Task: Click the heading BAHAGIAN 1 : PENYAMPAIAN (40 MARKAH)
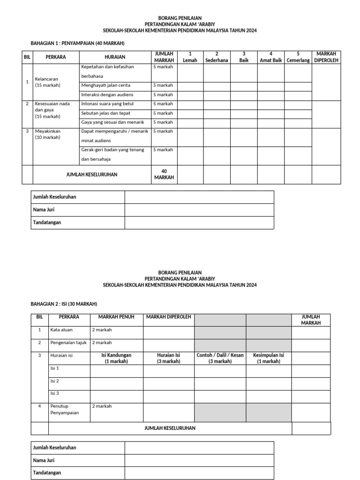pyautogui.click(x=77, y=43)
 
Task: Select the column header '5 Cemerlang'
pyautogui.click(x=298, y=57)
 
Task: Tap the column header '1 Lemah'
pyautogui.click(x=190, y=57)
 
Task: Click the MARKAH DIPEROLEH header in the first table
pyautogui.click(x=327, y=57)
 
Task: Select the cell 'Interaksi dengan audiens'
pyautogui.click(x=107, y=95)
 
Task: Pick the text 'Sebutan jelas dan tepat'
pyautogui.click(x=106, y=113)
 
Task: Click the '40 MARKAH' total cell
pyautogui.click(x=164, y=174)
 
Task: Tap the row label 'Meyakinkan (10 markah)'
pyautogui.click(x=48, y=134)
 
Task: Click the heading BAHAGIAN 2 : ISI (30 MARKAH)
pyautogui.click(x=64, y=304)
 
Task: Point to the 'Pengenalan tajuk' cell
pyautogui.click(x=68, y=343)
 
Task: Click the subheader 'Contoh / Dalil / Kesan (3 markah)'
pyautogui.click(x=220, y=358)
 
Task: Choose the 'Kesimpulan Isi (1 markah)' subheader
pyautogui.click(x=269, y=358)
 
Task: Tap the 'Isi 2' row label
pyautogui.click(x=55, y=381)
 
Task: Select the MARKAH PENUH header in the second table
pyautogui.click(x=116, y=317)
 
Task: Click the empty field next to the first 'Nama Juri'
pyautogui.click(x=199, y=210)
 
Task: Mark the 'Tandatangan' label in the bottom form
pyautogui.click(x=47, y=472)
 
